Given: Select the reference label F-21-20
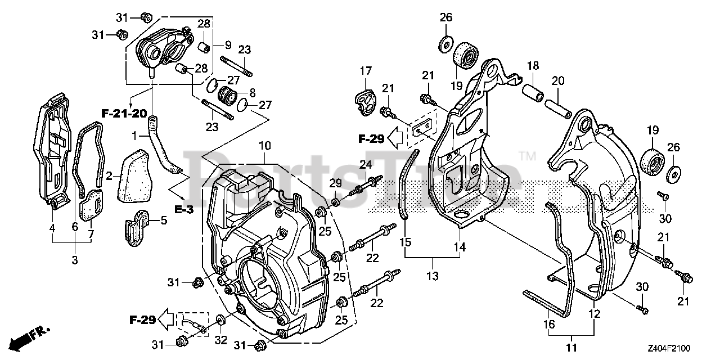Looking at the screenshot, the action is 124,114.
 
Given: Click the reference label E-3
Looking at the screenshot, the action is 184,210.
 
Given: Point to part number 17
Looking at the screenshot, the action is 366,71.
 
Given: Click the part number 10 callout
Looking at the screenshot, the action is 265,146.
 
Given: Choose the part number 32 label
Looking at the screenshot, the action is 221,340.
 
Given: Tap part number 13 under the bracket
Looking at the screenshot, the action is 433,276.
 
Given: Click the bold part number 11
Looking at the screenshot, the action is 571,348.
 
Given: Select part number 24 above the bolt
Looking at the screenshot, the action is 366,165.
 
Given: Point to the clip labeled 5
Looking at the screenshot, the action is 137,228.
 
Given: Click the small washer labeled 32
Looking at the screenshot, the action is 220,320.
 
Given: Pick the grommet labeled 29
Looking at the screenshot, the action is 336,203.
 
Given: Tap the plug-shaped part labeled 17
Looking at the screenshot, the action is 366,102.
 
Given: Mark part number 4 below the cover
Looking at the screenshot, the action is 52,228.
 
